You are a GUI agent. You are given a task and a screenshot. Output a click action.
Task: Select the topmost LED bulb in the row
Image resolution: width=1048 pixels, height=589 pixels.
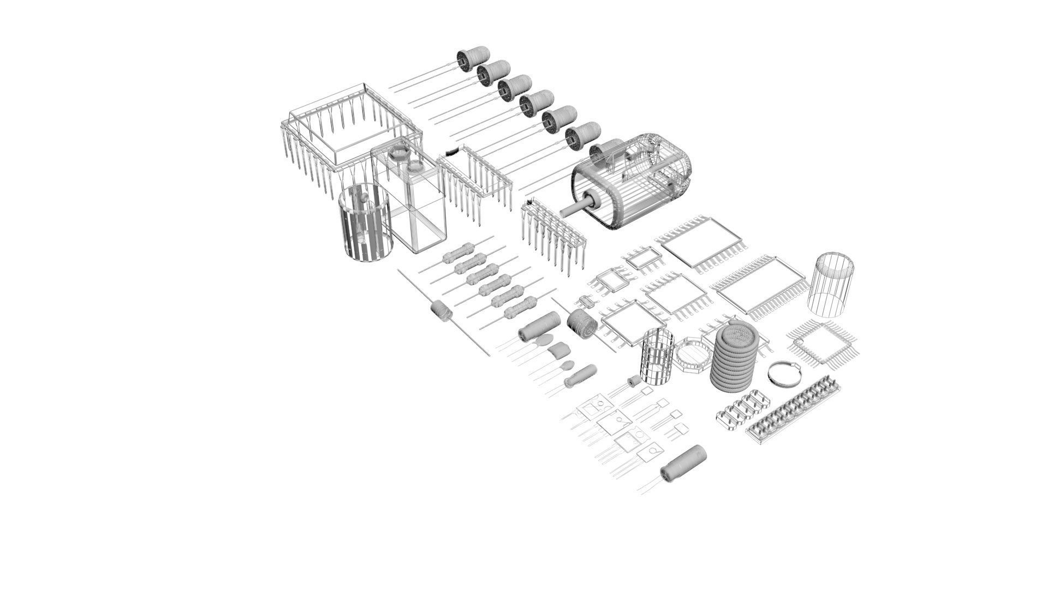472,58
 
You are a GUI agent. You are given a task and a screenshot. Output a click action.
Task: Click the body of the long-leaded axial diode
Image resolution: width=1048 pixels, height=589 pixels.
441,310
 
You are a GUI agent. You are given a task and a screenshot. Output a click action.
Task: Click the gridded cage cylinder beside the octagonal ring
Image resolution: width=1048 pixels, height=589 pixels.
655,357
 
